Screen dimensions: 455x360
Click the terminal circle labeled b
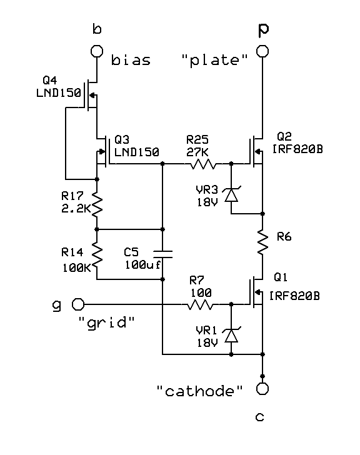pos(97,51)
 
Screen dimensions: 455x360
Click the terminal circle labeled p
pos(262,51)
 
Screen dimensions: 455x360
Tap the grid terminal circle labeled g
pos(79,304)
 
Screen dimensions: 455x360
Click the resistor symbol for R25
pos(203,164)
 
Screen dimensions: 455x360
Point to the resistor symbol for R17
pos(97,202)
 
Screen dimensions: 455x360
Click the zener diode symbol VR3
pos(231,194)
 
